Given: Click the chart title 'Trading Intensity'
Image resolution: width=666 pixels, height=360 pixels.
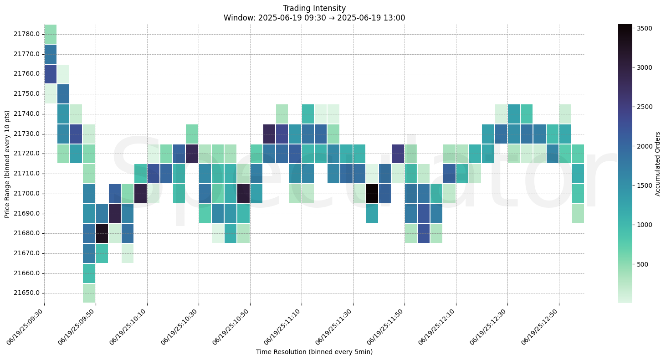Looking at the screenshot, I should (314, 8).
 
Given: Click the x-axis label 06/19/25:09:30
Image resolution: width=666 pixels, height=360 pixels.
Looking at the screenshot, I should (26, 328).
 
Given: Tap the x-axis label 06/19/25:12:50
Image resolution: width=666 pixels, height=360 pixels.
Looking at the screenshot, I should (541, 328).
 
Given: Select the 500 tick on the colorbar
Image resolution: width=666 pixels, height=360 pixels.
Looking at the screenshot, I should (642, 264).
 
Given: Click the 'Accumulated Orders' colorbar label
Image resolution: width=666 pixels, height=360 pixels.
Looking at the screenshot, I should (657, 164).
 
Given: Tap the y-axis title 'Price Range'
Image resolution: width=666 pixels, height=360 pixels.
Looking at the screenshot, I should (7, 164).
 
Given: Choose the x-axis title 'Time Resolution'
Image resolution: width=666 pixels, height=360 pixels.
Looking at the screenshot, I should (314, 352).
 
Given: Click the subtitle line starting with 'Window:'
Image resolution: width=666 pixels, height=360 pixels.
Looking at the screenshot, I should (314, 18).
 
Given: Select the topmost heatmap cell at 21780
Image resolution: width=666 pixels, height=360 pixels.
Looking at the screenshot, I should (51, 34).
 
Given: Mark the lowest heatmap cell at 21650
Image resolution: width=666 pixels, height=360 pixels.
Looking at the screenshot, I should (89, 293).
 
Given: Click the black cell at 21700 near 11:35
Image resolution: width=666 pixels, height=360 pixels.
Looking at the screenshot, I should (372, 194).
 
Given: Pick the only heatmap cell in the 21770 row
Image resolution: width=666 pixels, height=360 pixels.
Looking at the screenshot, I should (51, 54).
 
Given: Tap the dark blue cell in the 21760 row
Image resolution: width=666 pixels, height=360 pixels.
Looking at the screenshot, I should (51, 74).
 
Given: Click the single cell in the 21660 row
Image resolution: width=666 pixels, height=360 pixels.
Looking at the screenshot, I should (89, 273).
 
